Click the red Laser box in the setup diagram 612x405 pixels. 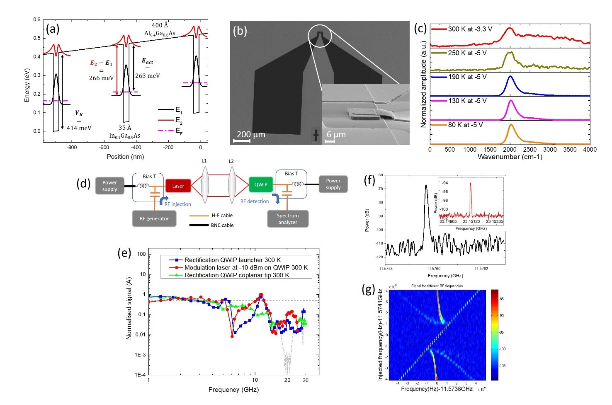178,186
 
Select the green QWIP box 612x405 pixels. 261,184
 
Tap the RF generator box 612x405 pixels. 154,218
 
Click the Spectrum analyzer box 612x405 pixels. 288,219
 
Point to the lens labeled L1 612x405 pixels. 204,185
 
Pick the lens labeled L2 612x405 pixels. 231,185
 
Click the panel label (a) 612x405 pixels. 53,29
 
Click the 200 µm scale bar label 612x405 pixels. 251,134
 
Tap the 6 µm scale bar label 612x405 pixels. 336,134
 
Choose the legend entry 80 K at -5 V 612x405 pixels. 465,125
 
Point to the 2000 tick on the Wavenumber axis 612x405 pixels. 510,150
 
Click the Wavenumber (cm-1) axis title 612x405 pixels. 510,157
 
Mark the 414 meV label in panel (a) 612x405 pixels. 79,128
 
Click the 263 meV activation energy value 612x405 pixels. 147,76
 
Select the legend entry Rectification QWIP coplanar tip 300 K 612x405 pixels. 237,275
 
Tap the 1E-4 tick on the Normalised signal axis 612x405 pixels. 140,375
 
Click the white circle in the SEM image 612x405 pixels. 320,36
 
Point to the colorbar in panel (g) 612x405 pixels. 494,335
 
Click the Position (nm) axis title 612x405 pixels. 125,157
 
